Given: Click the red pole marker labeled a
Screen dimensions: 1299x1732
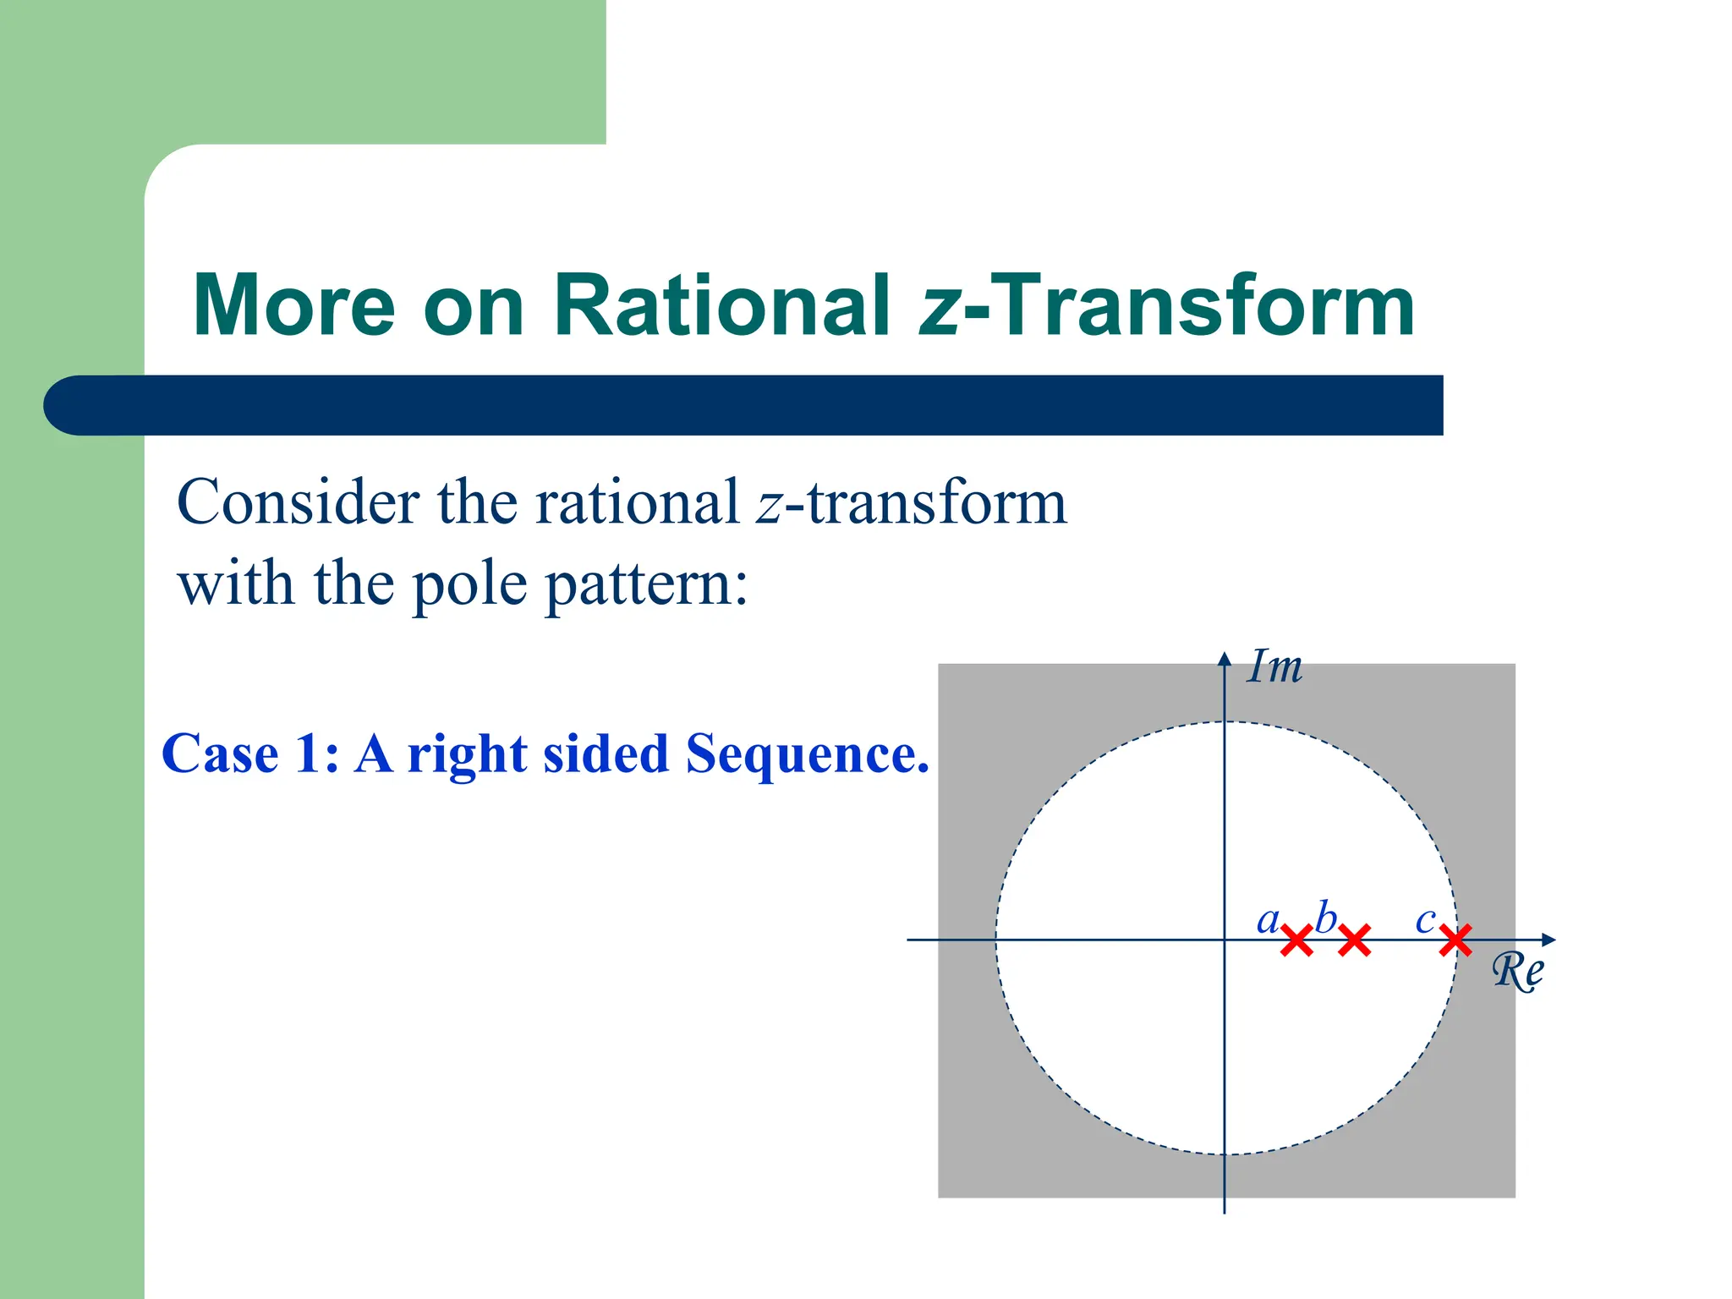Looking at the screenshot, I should (x=1296, y=940).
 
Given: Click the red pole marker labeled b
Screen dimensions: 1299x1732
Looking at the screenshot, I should (x=1354, y=940).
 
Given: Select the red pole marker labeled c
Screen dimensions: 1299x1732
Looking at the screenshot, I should (x=1455, y=940).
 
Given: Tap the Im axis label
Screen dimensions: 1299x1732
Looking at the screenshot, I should (x=1275, y=667).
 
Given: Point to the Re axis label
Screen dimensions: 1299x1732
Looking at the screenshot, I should (x=1517, y=971).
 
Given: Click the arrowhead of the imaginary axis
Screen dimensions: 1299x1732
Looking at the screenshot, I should (x=1224, y=660).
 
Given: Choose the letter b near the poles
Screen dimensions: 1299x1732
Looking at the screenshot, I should (x=1325, y=918).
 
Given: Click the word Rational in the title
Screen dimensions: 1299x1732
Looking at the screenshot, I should (x=721, y=305).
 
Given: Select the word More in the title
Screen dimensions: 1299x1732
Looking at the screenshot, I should (x=294, y=305).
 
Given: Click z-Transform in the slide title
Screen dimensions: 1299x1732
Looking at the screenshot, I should (x=1167, y=305).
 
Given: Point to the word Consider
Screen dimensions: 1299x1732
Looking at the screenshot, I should (x=298, y=502).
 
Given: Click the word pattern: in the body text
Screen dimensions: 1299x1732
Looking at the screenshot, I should (x=647, y=585).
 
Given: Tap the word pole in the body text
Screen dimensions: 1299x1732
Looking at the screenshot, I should (x=469, y=585).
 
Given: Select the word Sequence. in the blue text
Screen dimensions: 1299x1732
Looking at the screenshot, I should (x=808, y=754).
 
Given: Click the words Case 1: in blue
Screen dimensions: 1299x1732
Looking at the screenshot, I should (x=250, y=754).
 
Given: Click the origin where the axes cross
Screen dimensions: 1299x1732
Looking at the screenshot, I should (x=1224, y=940).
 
